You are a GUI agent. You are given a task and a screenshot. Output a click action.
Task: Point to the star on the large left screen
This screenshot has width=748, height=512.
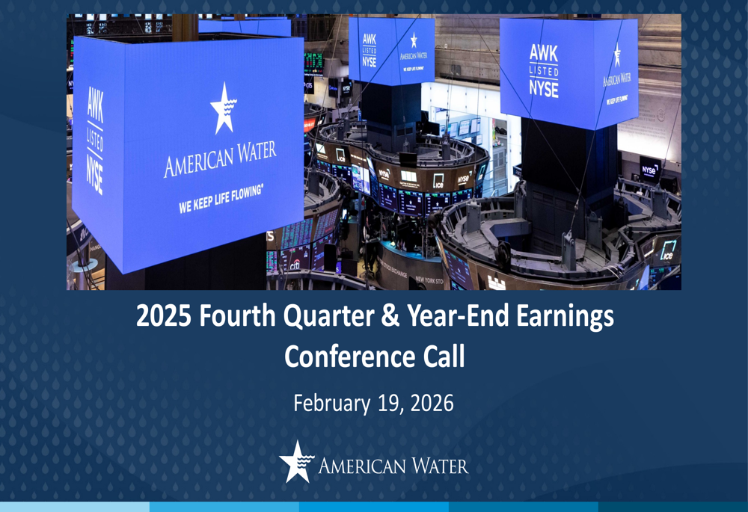click(224, 107)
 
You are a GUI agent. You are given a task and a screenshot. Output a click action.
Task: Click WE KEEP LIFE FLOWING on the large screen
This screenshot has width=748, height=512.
click(221, 199)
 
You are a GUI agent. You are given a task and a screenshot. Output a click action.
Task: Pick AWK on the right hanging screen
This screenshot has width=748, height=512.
click(544, 53)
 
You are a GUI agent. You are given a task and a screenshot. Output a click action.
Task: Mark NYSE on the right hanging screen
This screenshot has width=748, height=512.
click(544, 88)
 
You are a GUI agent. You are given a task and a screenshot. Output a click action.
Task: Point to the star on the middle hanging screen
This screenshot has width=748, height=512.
click(414, 39)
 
